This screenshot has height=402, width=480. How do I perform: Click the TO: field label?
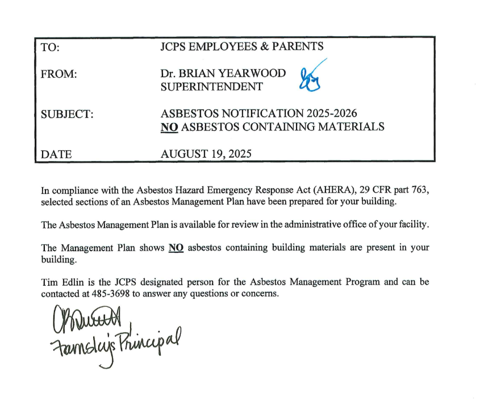coord(50,48)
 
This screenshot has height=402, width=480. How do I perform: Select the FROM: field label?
coord(59,74)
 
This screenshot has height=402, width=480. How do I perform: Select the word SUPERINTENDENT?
coord(212,87)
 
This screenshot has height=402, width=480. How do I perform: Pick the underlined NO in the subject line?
coord(170,126)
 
